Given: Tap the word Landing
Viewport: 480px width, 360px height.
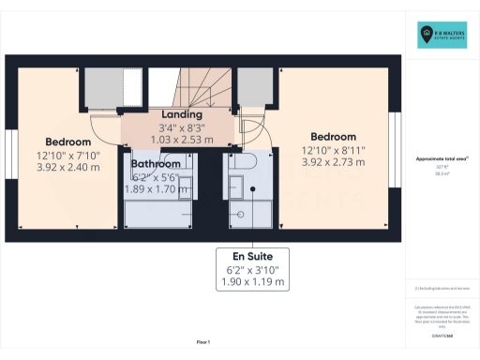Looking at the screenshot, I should click(x=175, y=115).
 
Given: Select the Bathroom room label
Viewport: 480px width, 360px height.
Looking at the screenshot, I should click(x=156, y=163).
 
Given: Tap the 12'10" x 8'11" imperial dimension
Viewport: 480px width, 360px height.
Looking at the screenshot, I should click(x=334, y=149).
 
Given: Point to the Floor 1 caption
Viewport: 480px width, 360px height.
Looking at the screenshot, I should click(x=203, y=341).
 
